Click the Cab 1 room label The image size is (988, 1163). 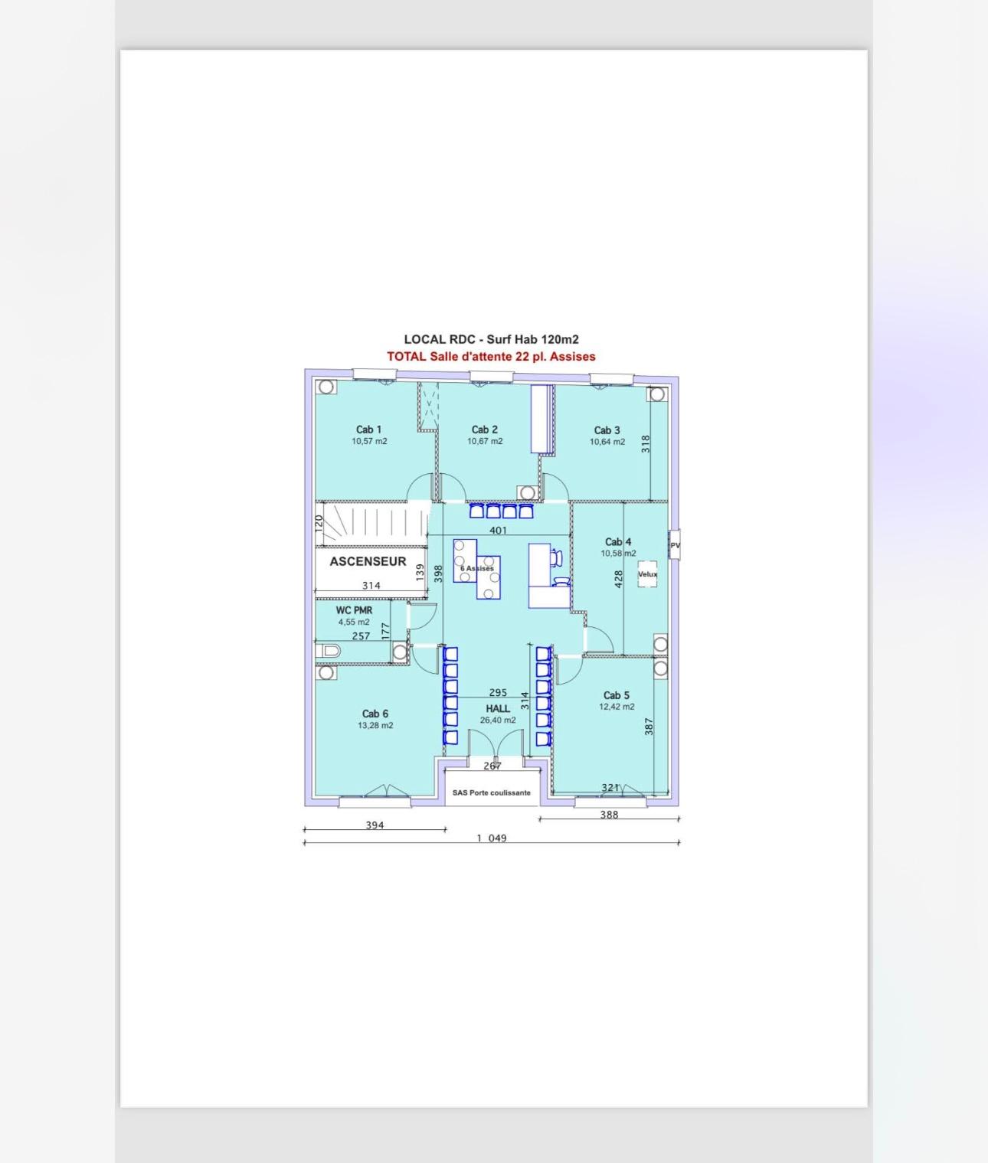pos(368,430)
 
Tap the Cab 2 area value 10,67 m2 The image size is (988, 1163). pos(485,441)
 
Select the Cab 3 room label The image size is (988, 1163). pos(607,430)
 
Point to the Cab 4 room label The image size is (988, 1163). pos(618,541)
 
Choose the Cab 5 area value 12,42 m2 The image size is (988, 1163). pos(617,707)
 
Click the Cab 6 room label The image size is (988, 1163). pos(375,714)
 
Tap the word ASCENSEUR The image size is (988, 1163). pos(368,561)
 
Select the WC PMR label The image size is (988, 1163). pos(354,610)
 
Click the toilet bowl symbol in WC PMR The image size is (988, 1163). pos(329,652)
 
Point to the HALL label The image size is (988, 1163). pos(498,708)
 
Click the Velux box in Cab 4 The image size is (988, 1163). pos(647,574)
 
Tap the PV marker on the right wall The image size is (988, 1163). pos(675,544)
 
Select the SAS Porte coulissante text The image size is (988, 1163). pos(492,792)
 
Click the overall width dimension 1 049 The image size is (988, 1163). pos(492,838)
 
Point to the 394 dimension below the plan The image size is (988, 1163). pos(375,825)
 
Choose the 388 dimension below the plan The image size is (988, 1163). pos(609,814)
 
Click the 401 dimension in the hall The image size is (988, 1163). pos(498,530)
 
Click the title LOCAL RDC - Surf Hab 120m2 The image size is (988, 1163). pos(491,339)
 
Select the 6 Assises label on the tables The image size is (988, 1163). pos(477,568)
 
